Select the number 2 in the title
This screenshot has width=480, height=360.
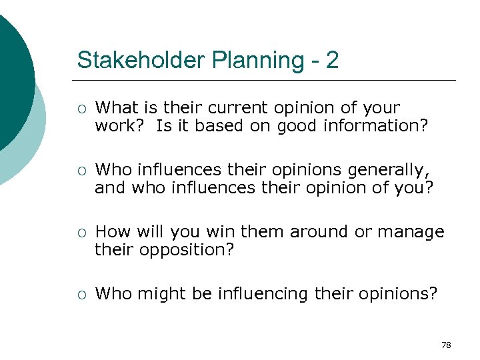pyautogui.click(x=332, y=60)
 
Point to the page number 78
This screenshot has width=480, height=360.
pyautogui.click(x=446, y=345)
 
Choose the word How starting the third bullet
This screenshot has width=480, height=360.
pyautogui.click(x=112, y=232)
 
